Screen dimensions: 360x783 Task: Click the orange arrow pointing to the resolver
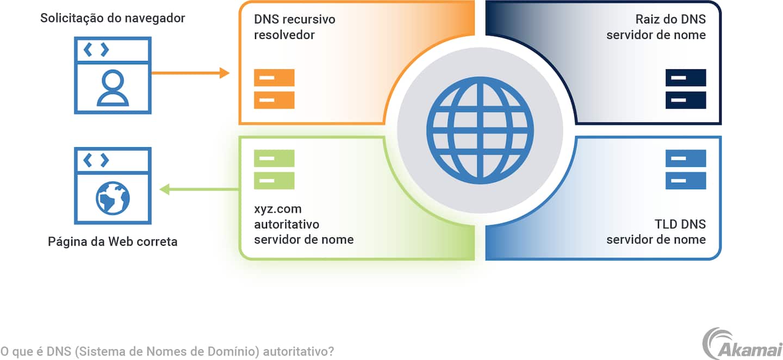pos(190,73)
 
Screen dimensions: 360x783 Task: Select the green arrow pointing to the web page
pos(199,189)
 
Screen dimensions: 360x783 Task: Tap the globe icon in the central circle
pos(480,131)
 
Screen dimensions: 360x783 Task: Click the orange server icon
pos(274,89)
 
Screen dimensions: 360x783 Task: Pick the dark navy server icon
pos(686,89)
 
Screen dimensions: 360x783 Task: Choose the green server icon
pos(274,169)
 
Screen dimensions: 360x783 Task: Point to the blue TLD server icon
pos(686,169)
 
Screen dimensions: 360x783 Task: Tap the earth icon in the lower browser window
pos(113,198)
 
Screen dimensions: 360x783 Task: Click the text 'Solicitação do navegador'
pos(113,18)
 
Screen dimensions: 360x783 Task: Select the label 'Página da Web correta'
pos(113,241)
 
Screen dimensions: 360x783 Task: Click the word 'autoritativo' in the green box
pos(287,225)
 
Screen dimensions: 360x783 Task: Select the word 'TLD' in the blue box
pos(667,225)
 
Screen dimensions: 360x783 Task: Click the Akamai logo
pos(742,344)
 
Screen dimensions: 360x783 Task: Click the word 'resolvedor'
pos(284,35)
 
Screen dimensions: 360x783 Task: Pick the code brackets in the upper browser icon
pos(96,50)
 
